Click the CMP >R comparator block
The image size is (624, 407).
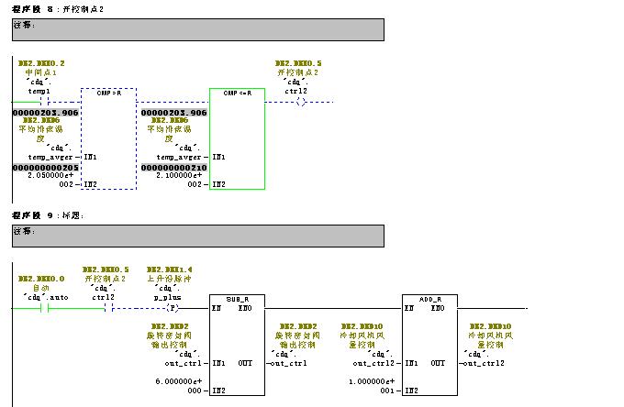tap(108, 137)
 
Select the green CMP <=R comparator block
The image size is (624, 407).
tap(237, 137)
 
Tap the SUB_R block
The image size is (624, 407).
tap(237, 345)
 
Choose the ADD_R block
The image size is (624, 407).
tap(429, 345)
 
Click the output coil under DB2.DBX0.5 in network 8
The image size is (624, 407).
tap(301, 102)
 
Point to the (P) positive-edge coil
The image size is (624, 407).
tap(171, 309)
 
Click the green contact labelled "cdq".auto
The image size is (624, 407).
tap(42, 309)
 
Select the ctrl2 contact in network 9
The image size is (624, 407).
tap(106, 309)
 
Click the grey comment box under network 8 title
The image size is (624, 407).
tap(197, 29)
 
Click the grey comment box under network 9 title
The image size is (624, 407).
tap(197, 236)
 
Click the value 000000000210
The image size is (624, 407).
tap(173, 167)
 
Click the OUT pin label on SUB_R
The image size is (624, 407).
tap(245, 363)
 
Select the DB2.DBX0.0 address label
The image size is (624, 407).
tap(41, 278)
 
